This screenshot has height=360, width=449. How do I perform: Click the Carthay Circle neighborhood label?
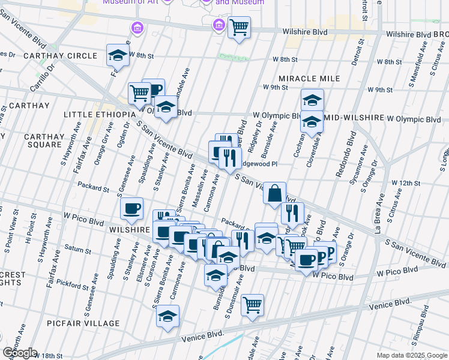(x=61, y=56)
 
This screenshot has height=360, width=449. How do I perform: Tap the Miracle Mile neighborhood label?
(x=309, y=79)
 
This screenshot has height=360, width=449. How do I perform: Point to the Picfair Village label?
(x=76, y=323)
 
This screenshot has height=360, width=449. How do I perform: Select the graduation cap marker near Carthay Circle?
(x=118, y=55)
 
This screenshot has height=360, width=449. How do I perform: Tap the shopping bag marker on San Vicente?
(x=274, y=193)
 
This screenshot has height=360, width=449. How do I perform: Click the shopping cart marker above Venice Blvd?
(x=253, y=304)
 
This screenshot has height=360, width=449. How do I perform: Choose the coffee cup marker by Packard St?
(x=131, y=208)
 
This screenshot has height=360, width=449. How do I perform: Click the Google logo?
(x=19, y=353)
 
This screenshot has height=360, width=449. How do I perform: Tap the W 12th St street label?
(x=404, y=182)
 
